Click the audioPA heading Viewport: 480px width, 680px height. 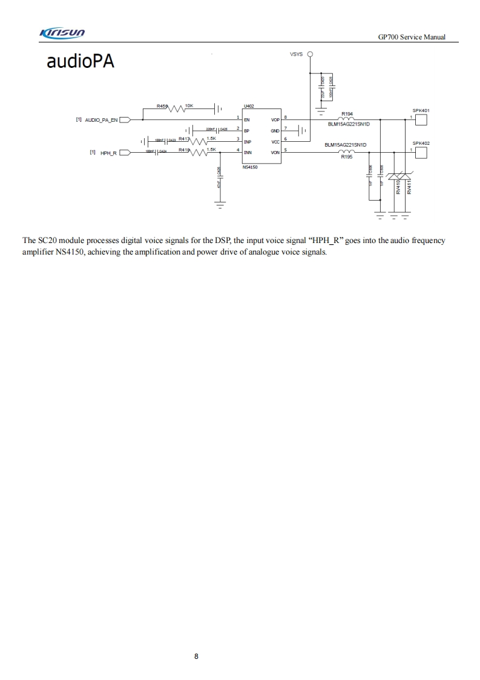pyautogui.click(x=81, y=62)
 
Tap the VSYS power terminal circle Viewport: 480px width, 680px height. pyautogui.click(x=311, y=55)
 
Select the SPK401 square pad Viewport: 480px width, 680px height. pyautogui.click(x=422, y=120)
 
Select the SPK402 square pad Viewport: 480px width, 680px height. pyautogui.click(x=422, y=153)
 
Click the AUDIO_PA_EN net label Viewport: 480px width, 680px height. pyautogui.click(x=101, y=120)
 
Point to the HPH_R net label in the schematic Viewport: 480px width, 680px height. pyautogui.click(x=108, y=153)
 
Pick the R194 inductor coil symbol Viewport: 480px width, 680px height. pyautogui.click(x=347, y=119)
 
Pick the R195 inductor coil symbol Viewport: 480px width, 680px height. pyautogui.click(x=347, y=152)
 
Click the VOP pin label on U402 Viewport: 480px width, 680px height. pyautogui.click(x=275, y=120)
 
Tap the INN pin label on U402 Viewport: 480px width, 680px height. pyautogui.click(x=248, y=153)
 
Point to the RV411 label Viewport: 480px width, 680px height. pyautogui.click(x=409, y=186)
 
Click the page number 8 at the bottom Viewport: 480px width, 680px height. pyautogui.click(x=197, y=656)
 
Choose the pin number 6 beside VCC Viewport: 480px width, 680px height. pyautogui.click(x=286, y=139)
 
